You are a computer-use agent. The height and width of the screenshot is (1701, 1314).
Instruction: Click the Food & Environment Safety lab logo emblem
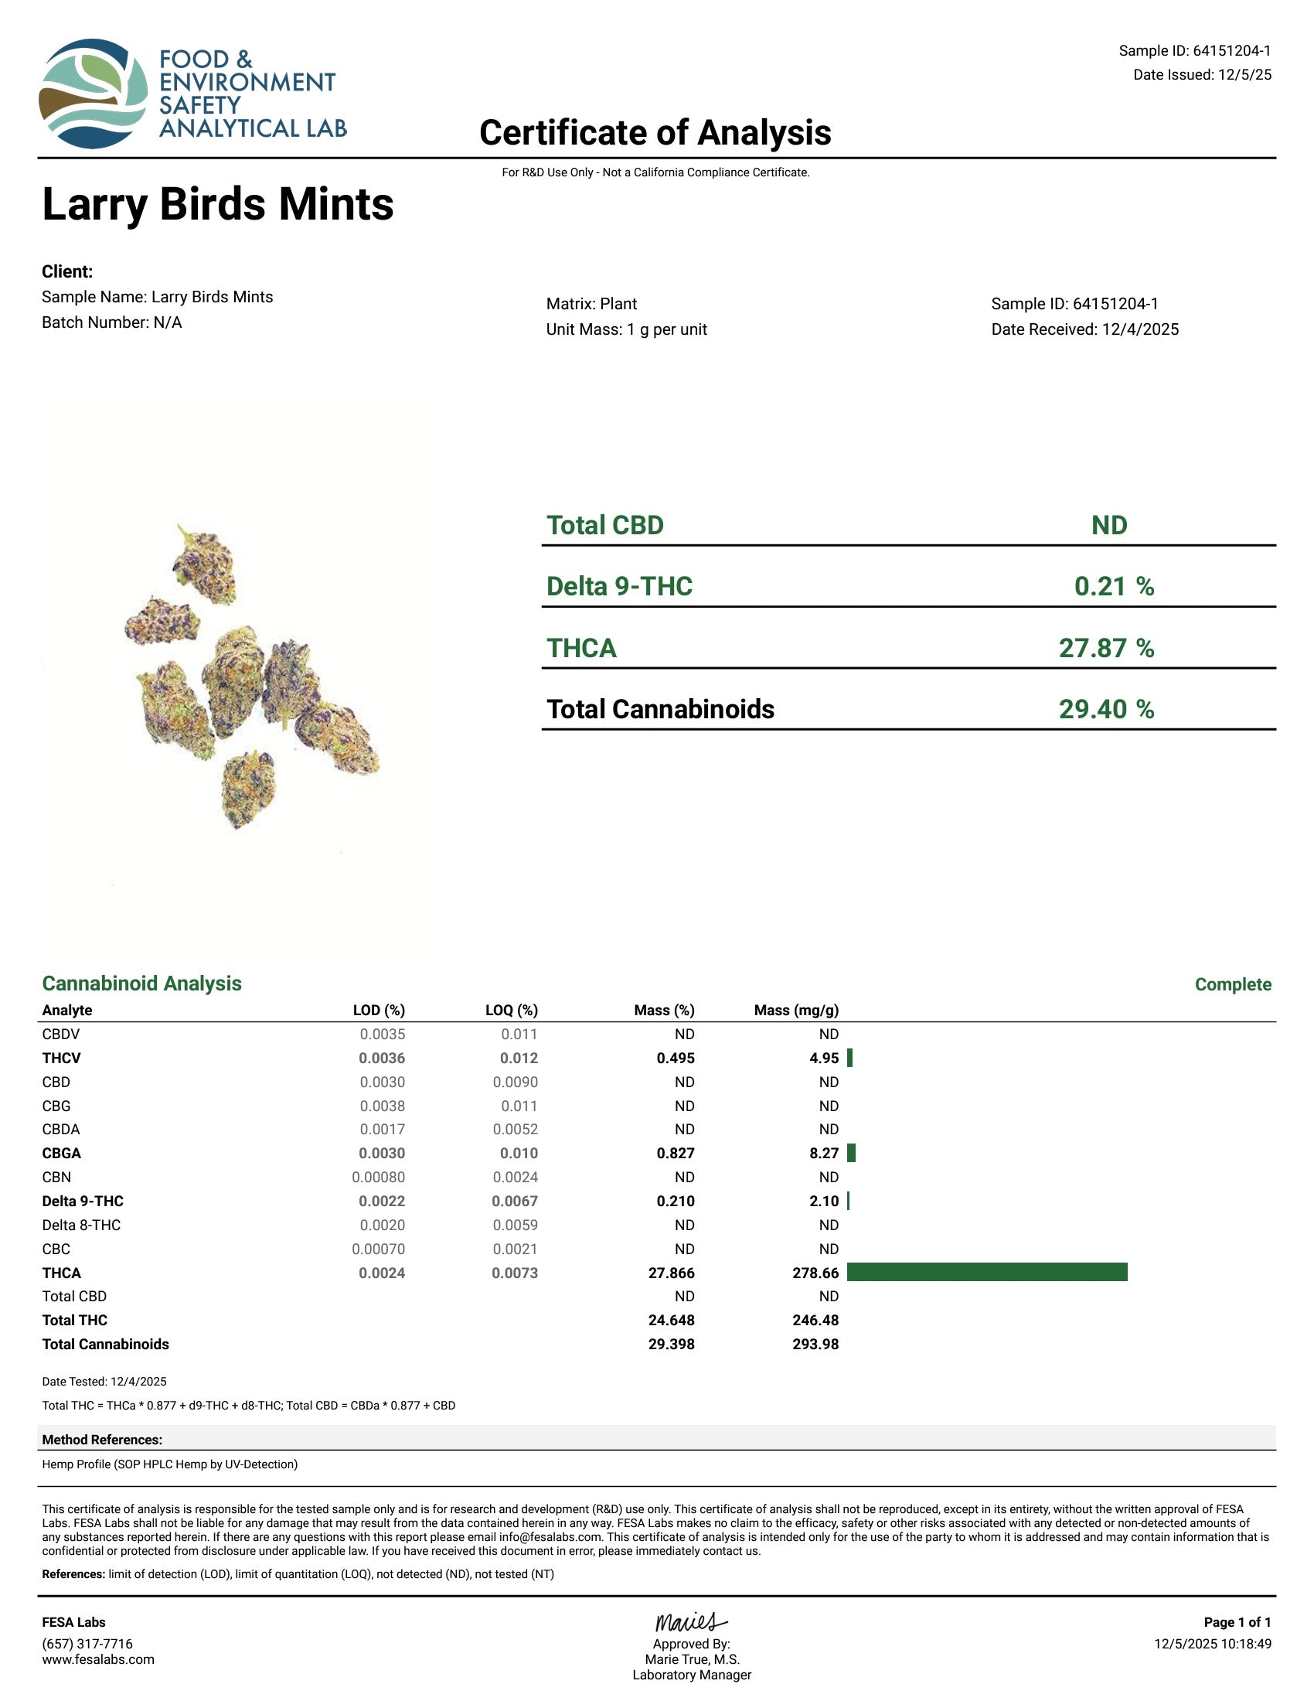(x=94, y=94)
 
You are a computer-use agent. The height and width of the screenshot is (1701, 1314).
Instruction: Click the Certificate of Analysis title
(x=655, y=132)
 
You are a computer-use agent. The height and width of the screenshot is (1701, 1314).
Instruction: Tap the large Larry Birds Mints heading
(x=218, y=204)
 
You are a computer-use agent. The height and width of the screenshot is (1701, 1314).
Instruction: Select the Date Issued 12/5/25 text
(x=1202, y=75)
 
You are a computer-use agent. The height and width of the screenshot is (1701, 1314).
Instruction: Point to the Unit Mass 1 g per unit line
(x=626, y=329)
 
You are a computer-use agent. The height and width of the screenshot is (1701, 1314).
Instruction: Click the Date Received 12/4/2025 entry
(x=1084, y=329)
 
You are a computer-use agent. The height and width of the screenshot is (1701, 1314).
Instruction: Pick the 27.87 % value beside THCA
(x=1105, y=648)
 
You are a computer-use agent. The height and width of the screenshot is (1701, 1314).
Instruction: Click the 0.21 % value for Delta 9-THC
(x=1113, y=587)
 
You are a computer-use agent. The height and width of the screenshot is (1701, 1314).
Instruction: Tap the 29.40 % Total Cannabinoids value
(x=1105, y=710)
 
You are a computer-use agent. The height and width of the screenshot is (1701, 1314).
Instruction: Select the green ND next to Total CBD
(x=1108, y=525)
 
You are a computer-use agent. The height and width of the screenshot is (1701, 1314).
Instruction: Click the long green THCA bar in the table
(x=986, y=1273)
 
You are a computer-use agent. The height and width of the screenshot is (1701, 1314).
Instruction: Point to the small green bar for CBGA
(x=851, y=1154)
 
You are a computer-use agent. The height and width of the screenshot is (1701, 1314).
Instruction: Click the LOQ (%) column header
(x=512, y=1011)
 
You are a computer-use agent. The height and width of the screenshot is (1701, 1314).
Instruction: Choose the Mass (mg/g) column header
(x=795, y=1011)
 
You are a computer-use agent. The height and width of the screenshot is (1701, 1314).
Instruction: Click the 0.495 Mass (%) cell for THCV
(x=675, y=1058)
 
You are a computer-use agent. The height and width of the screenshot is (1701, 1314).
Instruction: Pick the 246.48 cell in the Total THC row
(x=815, y=1320)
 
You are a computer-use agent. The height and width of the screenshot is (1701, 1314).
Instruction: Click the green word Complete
(x=1232, y=984)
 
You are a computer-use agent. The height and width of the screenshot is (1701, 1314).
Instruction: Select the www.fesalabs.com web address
(x=98, y=1660)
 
